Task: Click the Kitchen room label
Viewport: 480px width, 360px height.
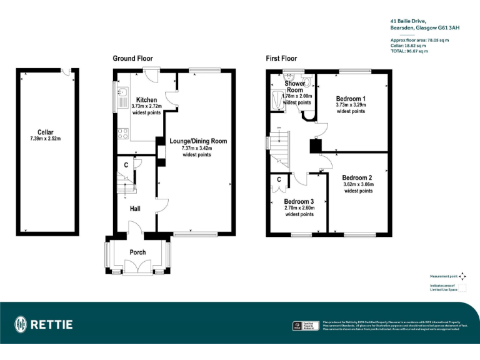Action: tap(146, 100)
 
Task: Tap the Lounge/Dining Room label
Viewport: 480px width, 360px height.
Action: tap(198, 141)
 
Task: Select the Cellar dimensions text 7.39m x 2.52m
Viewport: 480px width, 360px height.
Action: tap(45, 139)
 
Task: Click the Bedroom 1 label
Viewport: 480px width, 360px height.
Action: tap(351, 99)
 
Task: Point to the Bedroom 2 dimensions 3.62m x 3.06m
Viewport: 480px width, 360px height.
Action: tap(358, 184)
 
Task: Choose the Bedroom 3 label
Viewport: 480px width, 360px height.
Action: tap(299, 201)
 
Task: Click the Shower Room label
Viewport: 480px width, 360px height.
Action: tap(295, 87)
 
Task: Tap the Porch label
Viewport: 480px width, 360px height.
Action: tap(137, 252)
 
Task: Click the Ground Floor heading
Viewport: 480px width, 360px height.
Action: tap(132, 59)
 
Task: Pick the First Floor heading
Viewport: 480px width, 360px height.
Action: tap(281, 59)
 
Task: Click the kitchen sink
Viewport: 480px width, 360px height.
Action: tap(122, 99)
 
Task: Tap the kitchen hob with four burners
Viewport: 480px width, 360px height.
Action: tap(122, 133)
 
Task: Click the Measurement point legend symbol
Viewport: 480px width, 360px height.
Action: tap(462, 276)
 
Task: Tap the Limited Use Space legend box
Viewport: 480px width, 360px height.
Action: tap(462, 287)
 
